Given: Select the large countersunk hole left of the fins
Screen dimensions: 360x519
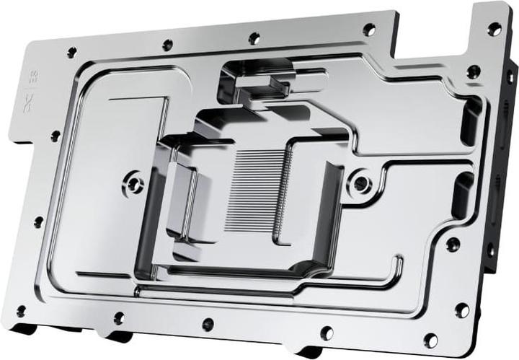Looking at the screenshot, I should point(133,183).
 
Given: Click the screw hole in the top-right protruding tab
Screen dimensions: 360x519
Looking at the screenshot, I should point(494,29).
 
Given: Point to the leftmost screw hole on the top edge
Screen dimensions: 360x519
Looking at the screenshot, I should point(71,53).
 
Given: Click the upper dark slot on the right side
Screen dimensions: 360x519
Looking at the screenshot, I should point(471,119).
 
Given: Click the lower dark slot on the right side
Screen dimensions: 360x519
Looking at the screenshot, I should point(461,195).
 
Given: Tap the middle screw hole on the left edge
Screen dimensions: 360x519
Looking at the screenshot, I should point(37,221).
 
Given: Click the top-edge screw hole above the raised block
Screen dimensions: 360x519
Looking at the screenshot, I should point(254,38).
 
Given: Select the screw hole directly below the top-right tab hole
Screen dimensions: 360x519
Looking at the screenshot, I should point(474,71).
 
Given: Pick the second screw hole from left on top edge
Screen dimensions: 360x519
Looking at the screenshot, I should point(167,45).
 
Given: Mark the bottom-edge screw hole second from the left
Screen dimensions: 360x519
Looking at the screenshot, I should point(119,317).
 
